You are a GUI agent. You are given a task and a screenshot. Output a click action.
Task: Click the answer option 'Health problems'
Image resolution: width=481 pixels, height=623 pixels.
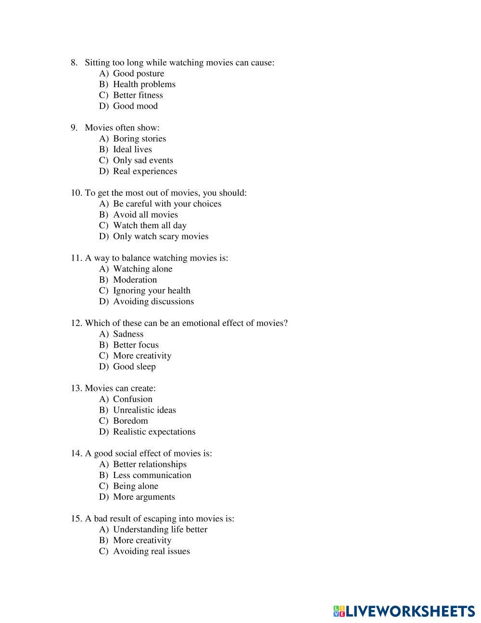point(144,84)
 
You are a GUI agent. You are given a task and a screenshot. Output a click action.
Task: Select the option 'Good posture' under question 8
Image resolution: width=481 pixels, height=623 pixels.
point(138,73)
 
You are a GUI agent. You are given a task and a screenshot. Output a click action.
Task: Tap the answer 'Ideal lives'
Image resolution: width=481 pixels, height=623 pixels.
point(132,149)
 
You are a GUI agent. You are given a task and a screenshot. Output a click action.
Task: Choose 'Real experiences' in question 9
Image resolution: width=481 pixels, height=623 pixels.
point(145,171)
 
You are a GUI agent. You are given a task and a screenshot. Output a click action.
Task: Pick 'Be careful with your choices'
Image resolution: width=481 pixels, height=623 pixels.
point(167,204)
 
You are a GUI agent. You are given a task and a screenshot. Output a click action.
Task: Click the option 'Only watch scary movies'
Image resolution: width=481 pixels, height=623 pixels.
point(161,236)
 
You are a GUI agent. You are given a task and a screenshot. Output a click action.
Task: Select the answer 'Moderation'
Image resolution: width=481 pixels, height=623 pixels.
point(135,280)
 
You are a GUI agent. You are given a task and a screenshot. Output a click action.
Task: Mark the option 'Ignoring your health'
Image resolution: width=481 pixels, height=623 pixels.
point(152,290)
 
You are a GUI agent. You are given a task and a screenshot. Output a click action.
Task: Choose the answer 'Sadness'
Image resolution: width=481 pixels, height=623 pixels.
point(128,334)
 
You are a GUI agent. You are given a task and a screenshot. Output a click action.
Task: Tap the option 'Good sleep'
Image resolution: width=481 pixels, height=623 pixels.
point(134,366)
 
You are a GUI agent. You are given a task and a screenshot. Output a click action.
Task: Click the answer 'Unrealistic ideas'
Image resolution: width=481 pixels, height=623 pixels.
point(144,410)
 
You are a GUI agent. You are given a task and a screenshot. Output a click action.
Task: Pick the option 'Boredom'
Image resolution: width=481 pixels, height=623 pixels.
point(130,421)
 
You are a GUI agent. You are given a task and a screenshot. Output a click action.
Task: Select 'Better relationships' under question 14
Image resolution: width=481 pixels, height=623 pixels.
point(150,465)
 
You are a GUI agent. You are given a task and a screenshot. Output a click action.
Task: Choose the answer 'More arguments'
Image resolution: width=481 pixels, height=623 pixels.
point(144,497)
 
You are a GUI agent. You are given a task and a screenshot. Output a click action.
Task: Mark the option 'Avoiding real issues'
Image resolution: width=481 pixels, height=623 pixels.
point(151,551)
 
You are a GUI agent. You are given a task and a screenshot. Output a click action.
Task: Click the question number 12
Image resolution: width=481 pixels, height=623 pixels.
point(76,323)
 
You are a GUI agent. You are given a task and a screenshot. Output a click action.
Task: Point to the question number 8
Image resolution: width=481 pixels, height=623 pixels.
point(74,63)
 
